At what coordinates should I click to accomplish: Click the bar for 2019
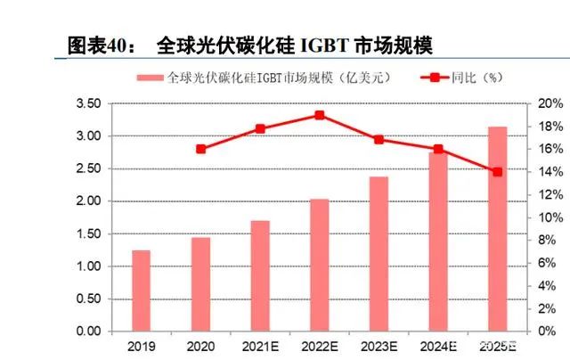(x=141, y=290)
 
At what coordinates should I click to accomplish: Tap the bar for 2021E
(x=260, y=275)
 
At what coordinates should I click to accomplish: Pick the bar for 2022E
(x=320, y=265)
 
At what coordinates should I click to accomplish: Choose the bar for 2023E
(x=379, y=253)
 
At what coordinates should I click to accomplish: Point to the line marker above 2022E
(x=320, y=115)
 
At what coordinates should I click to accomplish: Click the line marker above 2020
(x=200, y=149)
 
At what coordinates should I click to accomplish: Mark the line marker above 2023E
(x=379, y=140)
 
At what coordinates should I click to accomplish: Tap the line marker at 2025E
(x=497, y=172)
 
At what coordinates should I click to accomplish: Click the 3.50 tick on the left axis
(x=88, y=104)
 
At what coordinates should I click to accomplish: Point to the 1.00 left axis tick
(x=88, y=266)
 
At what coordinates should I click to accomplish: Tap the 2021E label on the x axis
(x=260, y=345)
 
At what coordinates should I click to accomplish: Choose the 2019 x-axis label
(x=141, y=345)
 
